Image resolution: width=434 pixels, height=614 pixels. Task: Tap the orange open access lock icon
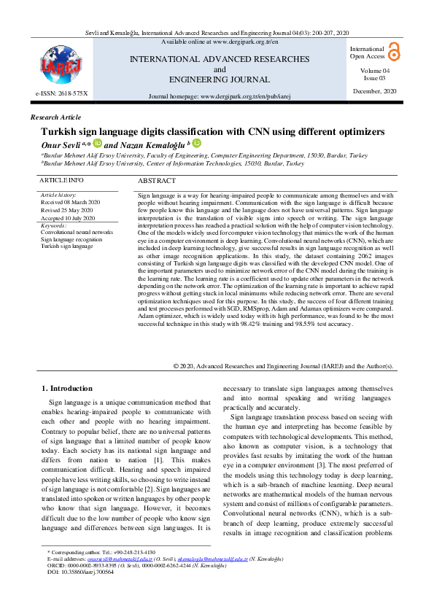point(395,50)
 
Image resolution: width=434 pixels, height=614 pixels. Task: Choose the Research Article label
point(55,117)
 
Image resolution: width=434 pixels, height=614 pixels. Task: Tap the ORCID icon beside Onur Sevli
point(97,144)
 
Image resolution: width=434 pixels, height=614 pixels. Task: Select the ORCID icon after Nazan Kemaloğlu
point(196,144)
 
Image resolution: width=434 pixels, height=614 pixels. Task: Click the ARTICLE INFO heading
point(61,179)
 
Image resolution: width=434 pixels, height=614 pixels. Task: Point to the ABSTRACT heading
point(156,180)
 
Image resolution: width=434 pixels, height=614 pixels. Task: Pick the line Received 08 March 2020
point(70,203)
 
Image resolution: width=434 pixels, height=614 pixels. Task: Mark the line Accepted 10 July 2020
point(68,217)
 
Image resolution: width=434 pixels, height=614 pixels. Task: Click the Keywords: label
point(54,225)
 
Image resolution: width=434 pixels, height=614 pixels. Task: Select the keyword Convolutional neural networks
point(77,232)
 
